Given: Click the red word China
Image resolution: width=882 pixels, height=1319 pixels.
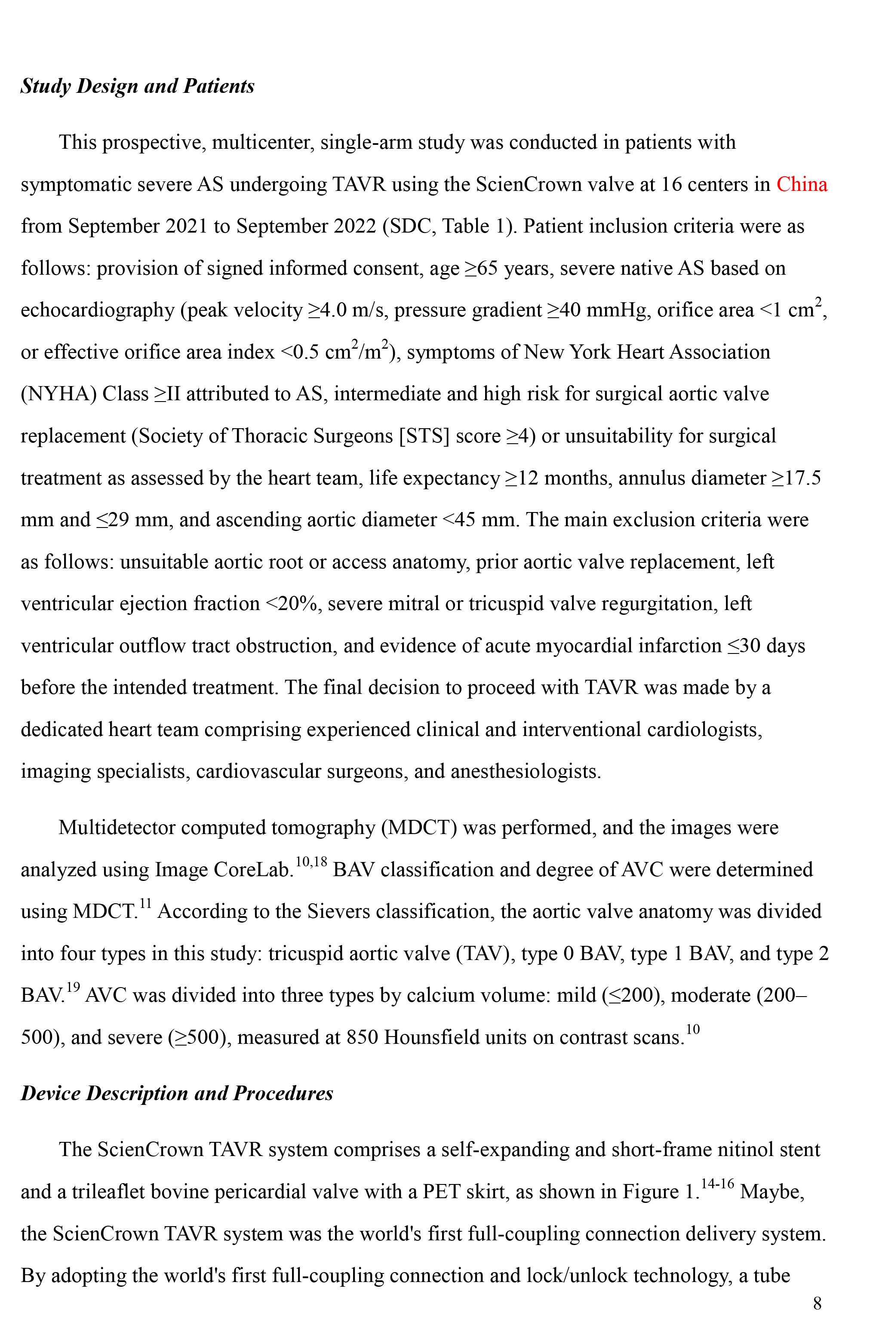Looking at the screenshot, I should (x=801, y=185).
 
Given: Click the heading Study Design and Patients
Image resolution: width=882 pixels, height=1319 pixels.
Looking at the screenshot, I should (x=137, y=86).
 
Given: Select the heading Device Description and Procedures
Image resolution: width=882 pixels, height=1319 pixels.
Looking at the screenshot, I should (x=177, y=1092).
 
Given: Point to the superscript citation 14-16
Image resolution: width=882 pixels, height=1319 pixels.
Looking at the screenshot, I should (x=717, y=1184).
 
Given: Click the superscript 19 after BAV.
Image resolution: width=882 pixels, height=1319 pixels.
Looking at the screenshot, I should (x=73, y=987).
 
